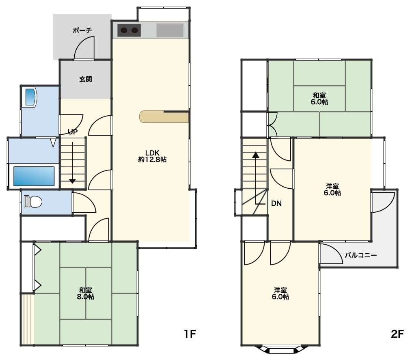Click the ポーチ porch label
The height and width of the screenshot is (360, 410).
coord(82,30)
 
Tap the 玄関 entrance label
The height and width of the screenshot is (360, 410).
coord(86,79)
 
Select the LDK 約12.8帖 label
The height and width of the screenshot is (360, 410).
coord(152,156)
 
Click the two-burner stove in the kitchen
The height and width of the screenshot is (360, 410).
coord(129,30)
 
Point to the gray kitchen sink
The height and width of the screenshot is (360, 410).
coord(170,30)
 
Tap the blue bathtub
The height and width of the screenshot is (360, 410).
coord(34,176)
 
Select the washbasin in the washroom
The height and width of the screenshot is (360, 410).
coord(30,97)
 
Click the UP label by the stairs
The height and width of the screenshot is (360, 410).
coord(72,132)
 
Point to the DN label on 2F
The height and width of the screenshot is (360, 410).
coord(276,203)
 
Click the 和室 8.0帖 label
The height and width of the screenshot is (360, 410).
coord(86,293)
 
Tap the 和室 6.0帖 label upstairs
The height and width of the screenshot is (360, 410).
coord(319,99)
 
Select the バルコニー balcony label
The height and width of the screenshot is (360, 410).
coord(360,255)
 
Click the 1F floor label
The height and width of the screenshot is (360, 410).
coord(190,334)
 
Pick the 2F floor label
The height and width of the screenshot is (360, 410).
coord(397,334)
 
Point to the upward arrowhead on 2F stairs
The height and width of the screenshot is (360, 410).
coord(256,155)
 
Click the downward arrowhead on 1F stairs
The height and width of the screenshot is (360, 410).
coord(72,181)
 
